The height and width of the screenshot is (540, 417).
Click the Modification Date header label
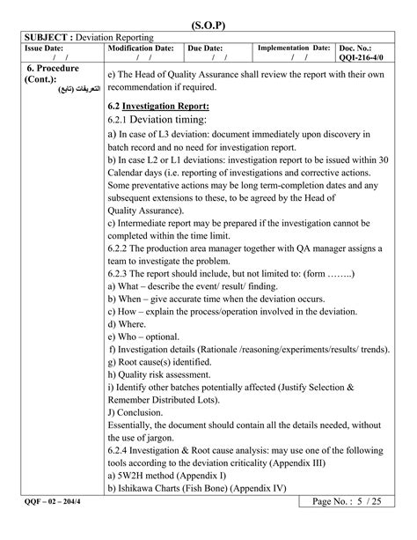(x=141, y=48)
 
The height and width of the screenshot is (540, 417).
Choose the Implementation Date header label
(x=293, y=48)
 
